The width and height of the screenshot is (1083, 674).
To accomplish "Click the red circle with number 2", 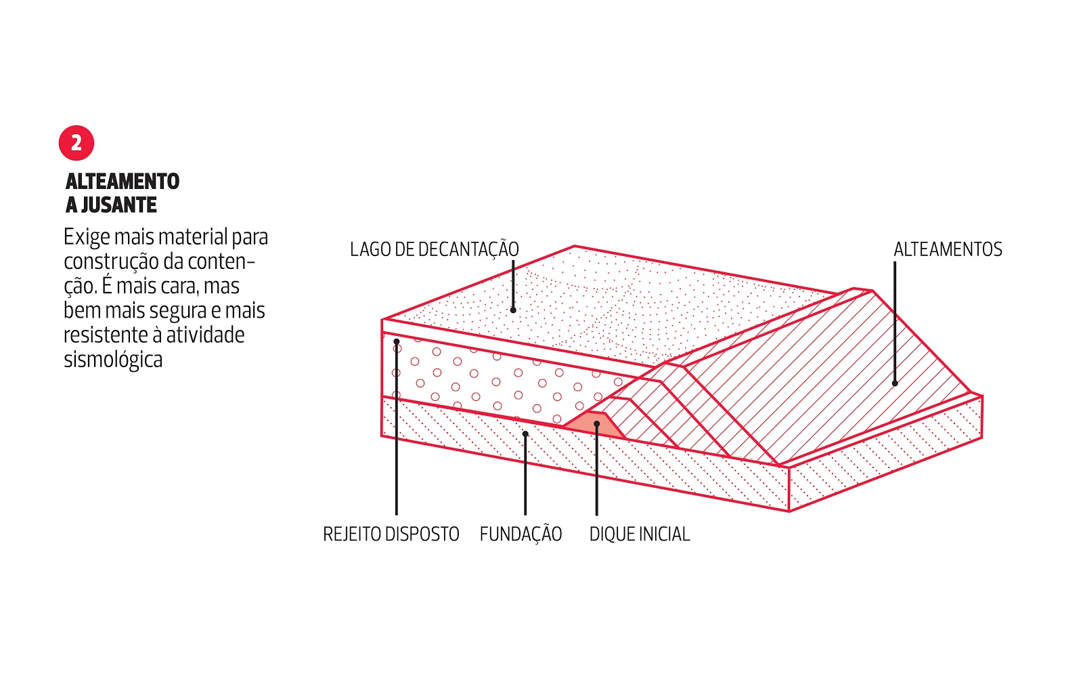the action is tap(76, 143).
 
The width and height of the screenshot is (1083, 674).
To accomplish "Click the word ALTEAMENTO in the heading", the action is tap(123, 182).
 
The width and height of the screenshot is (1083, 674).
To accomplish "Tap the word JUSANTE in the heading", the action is tap(118, 205).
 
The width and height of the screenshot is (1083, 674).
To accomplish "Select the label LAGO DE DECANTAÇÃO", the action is tap(434, 249).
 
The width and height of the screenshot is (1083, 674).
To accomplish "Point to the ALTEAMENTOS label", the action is tap(948, 249).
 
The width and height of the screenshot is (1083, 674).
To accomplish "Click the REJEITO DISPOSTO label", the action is tap(391, 534).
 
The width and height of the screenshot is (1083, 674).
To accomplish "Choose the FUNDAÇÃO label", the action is tap(521, 534).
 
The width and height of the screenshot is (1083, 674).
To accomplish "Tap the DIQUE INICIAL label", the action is tap(639, 534).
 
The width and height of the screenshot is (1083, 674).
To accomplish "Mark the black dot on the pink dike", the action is tap(596, 424).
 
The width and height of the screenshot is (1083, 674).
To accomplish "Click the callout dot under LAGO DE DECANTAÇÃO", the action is tap(513, 310).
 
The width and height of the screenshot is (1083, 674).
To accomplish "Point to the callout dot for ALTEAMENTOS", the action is tap(895, 383).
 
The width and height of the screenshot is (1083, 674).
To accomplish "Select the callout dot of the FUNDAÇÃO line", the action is tap(525, 434).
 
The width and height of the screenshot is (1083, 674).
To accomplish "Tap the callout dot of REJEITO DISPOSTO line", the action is tap(397, 341).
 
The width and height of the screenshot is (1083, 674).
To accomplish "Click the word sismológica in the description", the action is tap(113, 359).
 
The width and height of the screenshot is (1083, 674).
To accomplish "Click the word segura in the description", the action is tap(178, 310).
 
